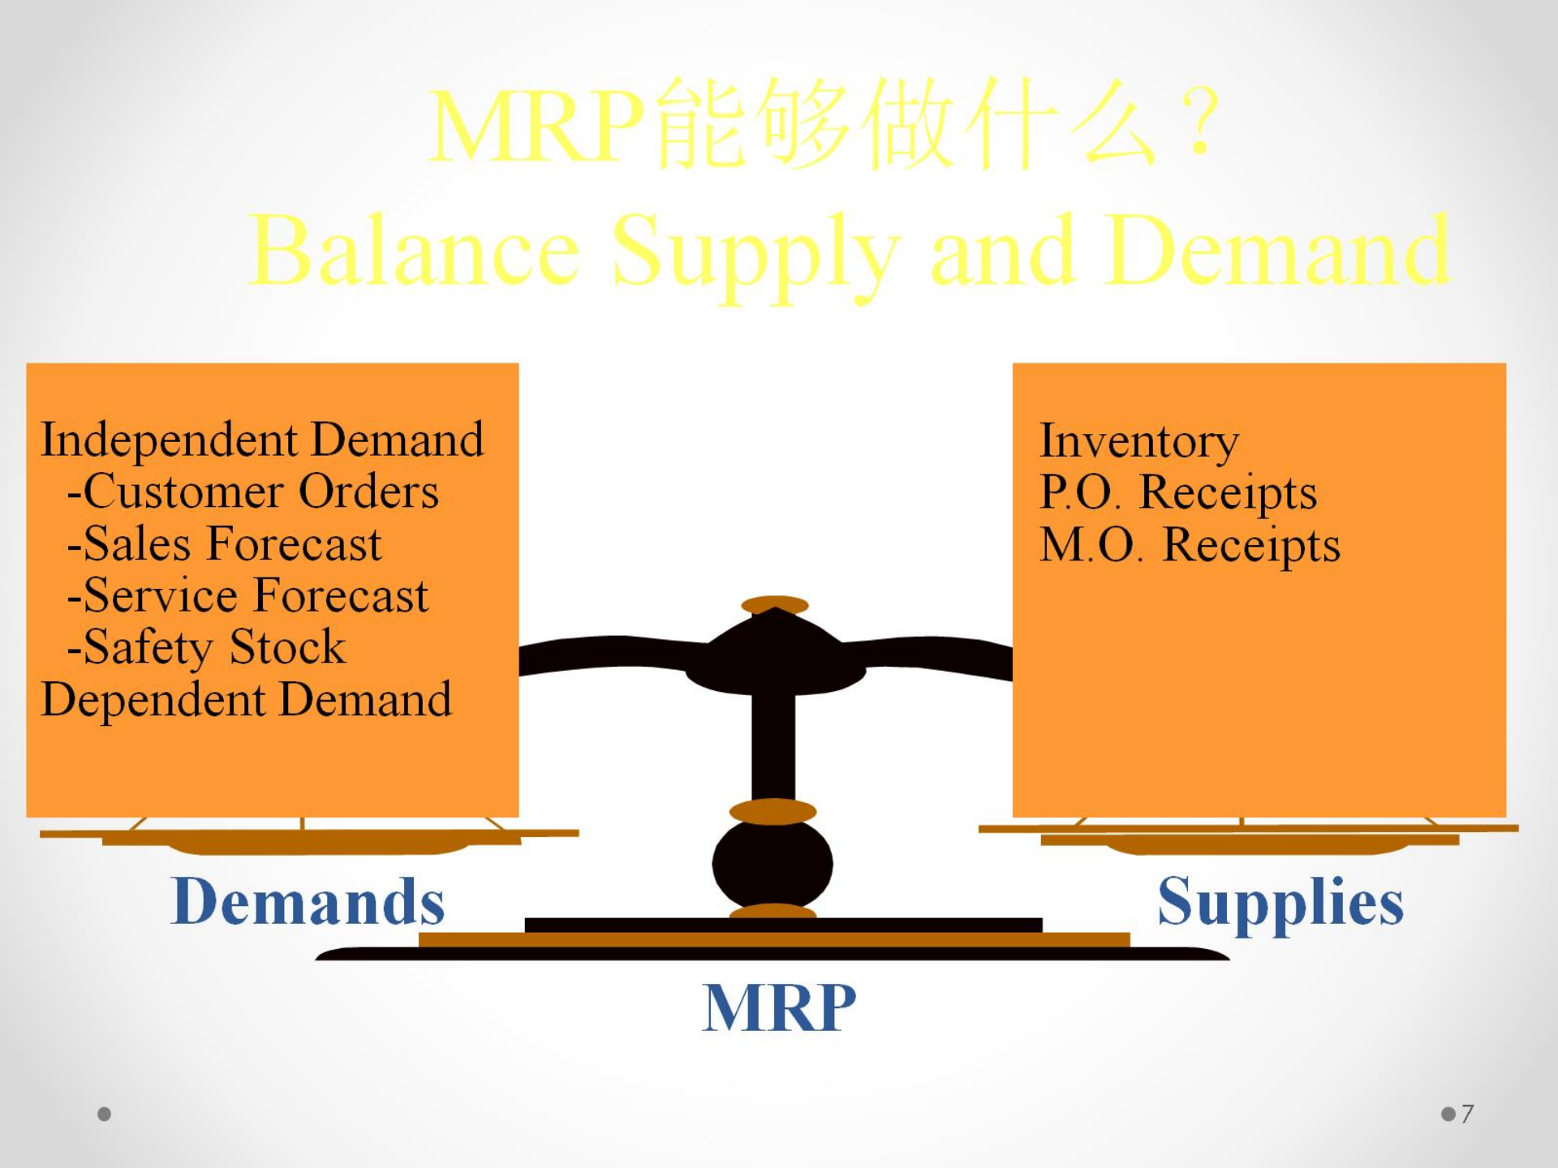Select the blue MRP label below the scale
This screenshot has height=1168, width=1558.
(779, 1007)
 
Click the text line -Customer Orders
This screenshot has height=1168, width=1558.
(253, 492)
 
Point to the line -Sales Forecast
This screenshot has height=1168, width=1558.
(224, 543)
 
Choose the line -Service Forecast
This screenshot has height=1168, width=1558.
(247, 595)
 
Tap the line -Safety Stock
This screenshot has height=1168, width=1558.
(206, 647)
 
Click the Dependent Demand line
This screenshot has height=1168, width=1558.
(246, 699)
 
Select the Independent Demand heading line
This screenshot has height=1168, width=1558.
(262, 440)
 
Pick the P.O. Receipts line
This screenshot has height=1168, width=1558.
(1178, 493)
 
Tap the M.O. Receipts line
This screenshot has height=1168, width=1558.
(1190, 545)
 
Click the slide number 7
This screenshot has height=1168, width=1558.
(1467, 1114)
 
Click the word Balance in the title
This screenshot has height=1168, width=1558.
(414, 251)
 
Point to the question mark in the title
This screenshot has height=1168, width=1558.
(1200, 122)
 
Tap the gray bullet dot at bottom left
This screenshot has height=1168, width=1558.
(104, 1114)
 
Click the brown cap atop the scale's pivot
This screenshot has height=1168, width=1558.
(775, 605)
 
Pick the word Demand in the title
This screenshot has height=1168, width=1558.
(1277, 251)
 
